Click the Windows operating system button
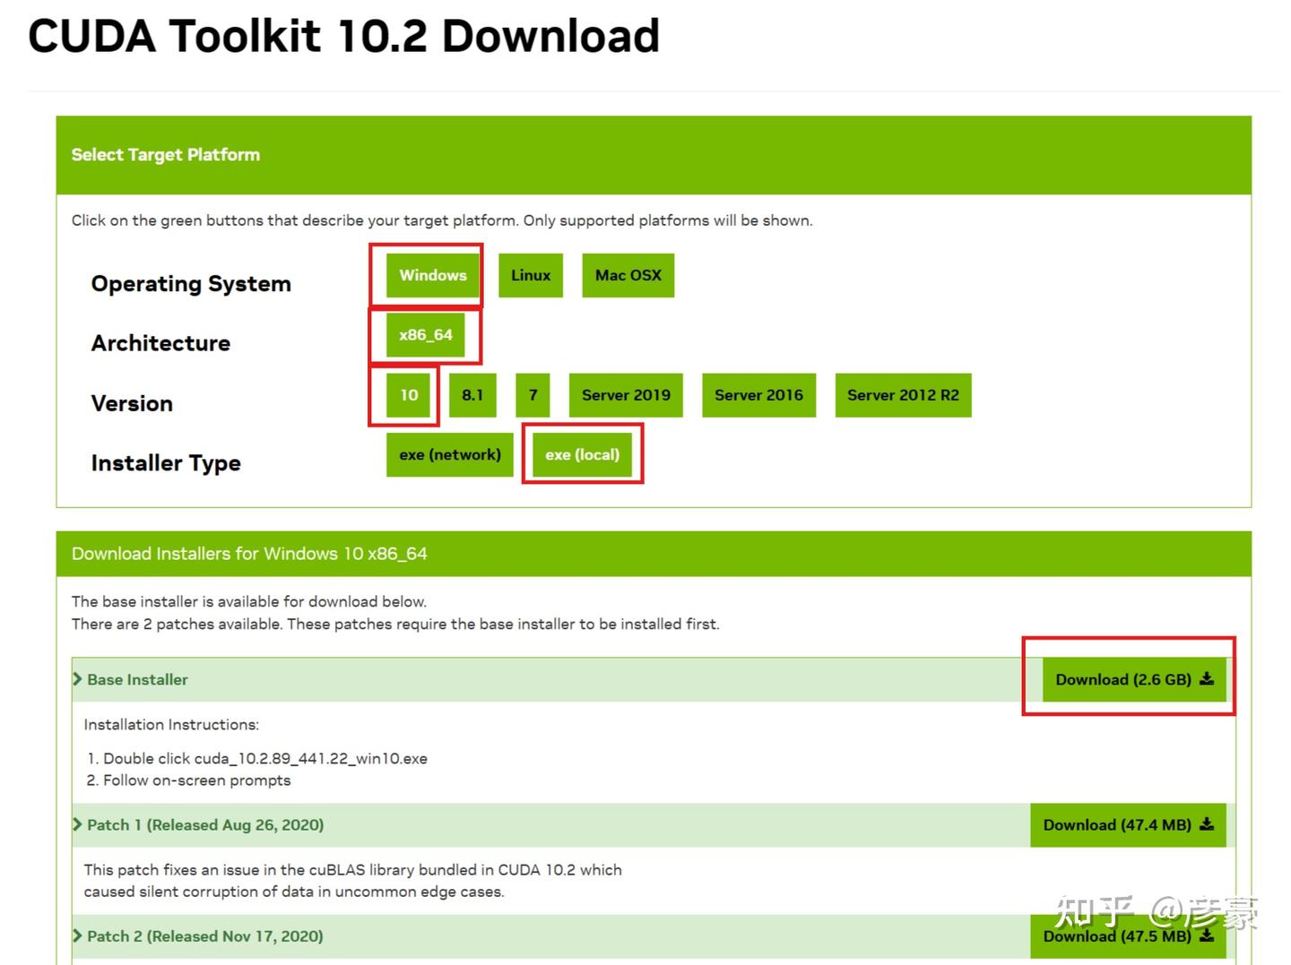432,275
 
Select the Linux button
530,275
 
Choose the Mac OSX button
628,275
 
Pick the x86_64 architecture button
425,335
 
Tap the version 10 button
408,395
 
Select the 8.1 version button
472,395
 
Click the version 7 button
533,395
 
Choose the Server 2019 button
626,395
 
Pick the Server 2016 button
758,395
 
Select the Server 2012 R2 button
903,395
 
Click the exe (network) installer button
449,455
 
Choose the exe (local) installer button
582,455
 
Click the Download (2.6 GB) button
1134,679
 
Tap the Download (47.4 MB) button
1128,825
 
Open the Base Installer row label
137,679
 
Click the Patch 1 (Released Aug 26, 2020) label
205,825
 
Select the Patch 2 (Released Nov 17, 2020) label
205,936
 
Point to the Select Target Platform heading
166,155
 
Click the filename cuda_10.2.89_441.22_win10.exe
310,759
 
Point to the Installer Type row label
166,463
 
